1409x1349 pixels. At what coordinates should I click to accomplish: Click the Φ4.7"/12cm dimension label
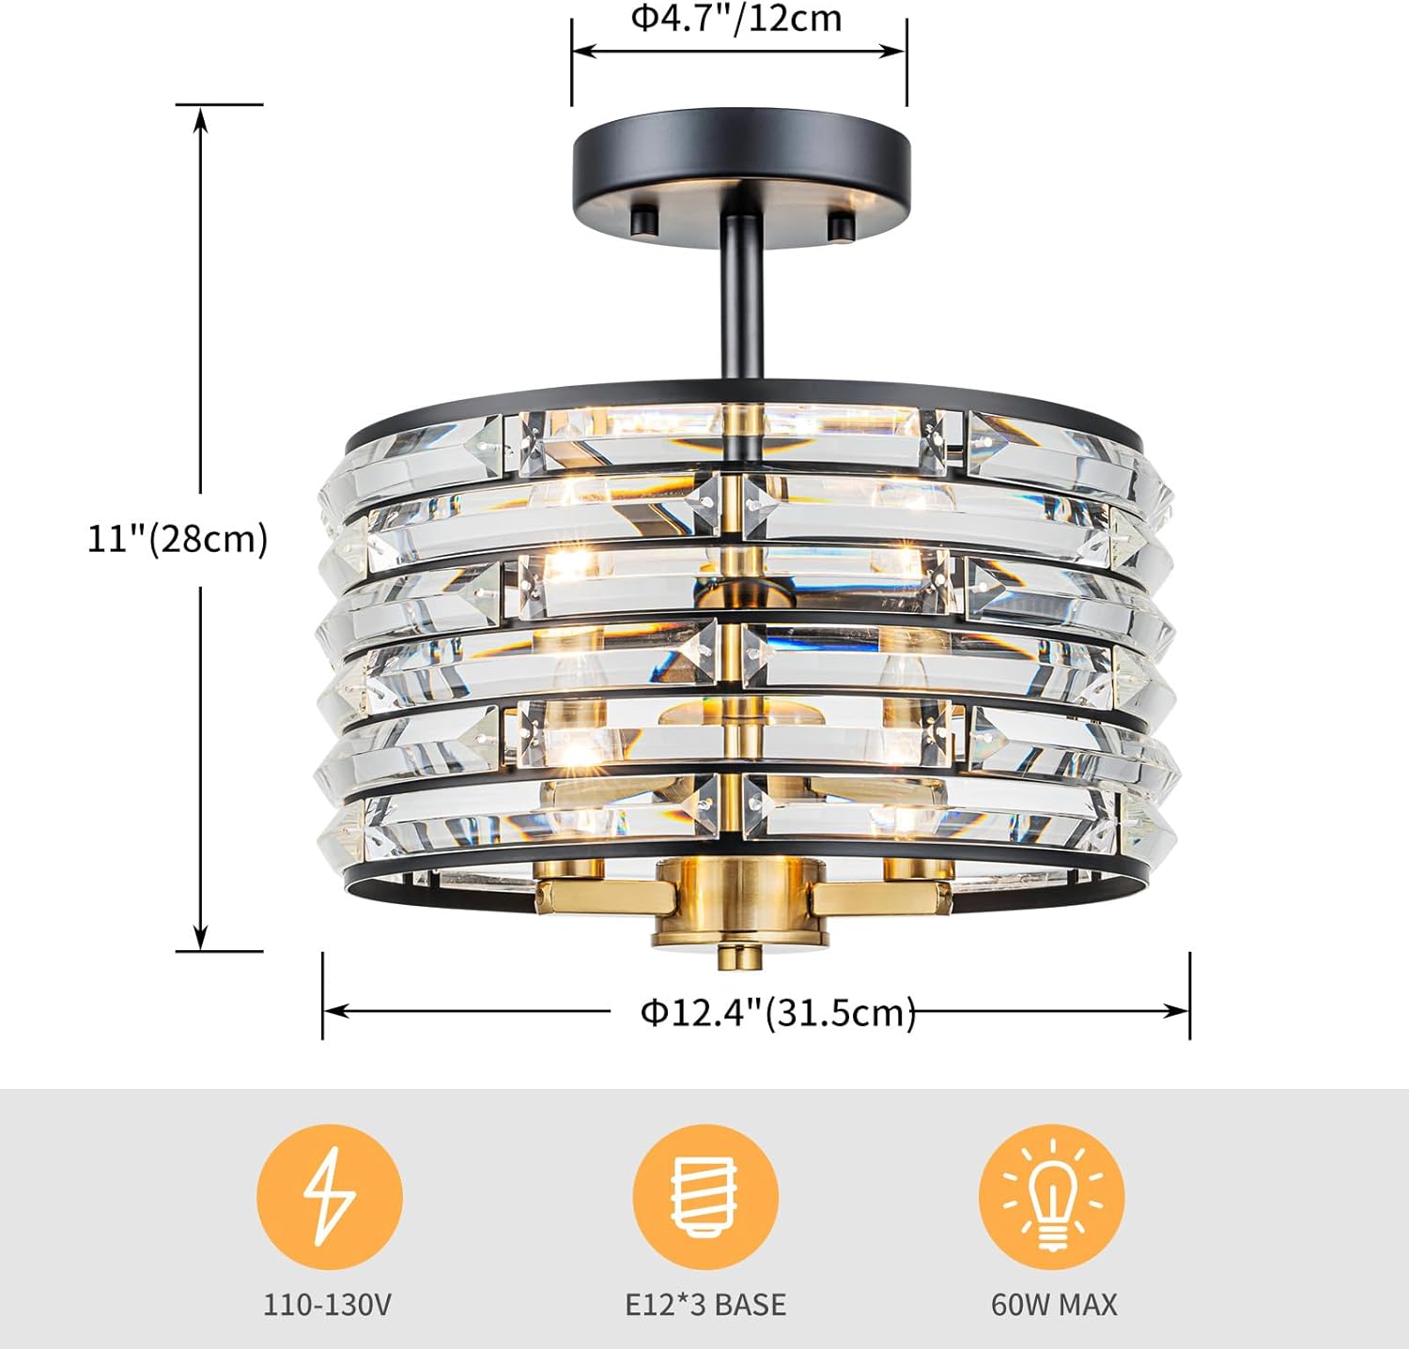[x=735, y=18]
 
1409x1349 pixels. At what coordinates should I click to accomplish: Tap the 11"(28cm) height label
[x=178, y=539]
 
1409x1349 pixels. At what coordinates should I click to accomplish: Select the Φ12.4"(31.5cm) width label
[x=778, y=1012]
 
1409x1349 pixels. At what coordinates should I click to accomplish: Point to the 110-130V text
[x=327, y=1304]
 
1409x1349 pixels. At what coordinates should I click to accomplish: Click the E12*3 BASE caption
[x=705, y=1304]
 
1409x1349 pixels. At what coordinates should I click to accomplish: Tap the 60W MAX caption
[x=1054, y=1304]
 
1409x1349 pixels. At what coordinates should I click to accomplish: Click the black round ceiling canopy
[x=741, y=170]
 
